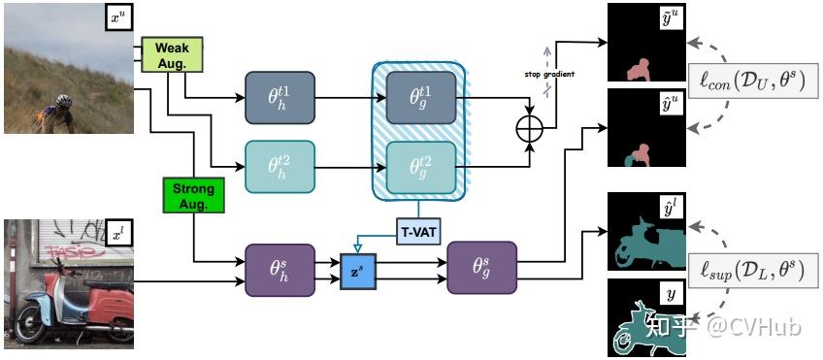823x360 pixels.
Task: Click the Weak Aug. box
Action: (x=172, y=54)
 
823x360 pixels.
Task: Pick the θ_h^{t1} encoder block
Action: (x=280, y=97)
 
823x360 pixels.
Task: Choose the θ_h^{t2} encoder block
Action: (x=280, y=165)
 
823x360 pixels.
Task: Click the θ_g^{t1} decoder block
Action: (x=419, y=97)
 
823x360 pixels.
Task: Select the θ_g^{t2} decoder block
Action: (x=419, y=165)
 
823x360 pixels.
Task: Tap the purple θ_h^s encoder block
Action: (x=280, y=268)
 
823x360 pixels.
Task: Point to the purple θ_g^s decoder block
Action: (x=481, y=268)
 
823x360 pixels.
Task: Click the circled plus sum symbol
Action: (x=530, y=130)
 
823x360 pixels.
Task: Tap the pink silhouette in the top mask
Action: (x=640, y=68)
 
